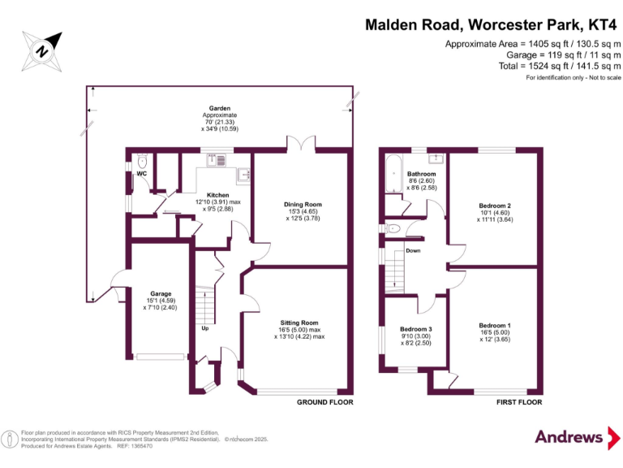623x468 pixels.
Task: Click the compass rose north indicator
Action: tap(42, 50)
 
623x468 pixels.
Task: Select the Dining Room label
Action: tap(303, 205)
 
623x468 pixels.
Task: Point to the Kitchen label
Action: tap(217, 196)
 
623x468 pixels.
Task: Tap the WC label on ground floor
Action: tap(142, 174)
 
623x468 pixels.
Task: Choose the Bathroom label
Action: tap(421, 174)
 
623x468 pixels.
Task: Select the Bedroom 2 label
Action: tap(494, 206)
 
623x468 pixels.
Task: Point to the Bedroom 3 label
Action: tap(415, 329)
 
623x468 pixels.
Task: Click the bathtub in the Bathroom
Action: tap(393, 171)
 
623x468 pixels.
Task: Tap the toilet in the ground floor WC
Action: tap(142, 161)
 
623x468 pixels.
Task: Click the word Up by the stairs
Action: tap(205, 328)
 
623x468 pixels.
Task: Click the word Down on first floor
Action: tap(413, 251)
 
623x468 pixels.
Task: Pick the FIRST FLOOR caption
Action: tap(518, 402)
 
